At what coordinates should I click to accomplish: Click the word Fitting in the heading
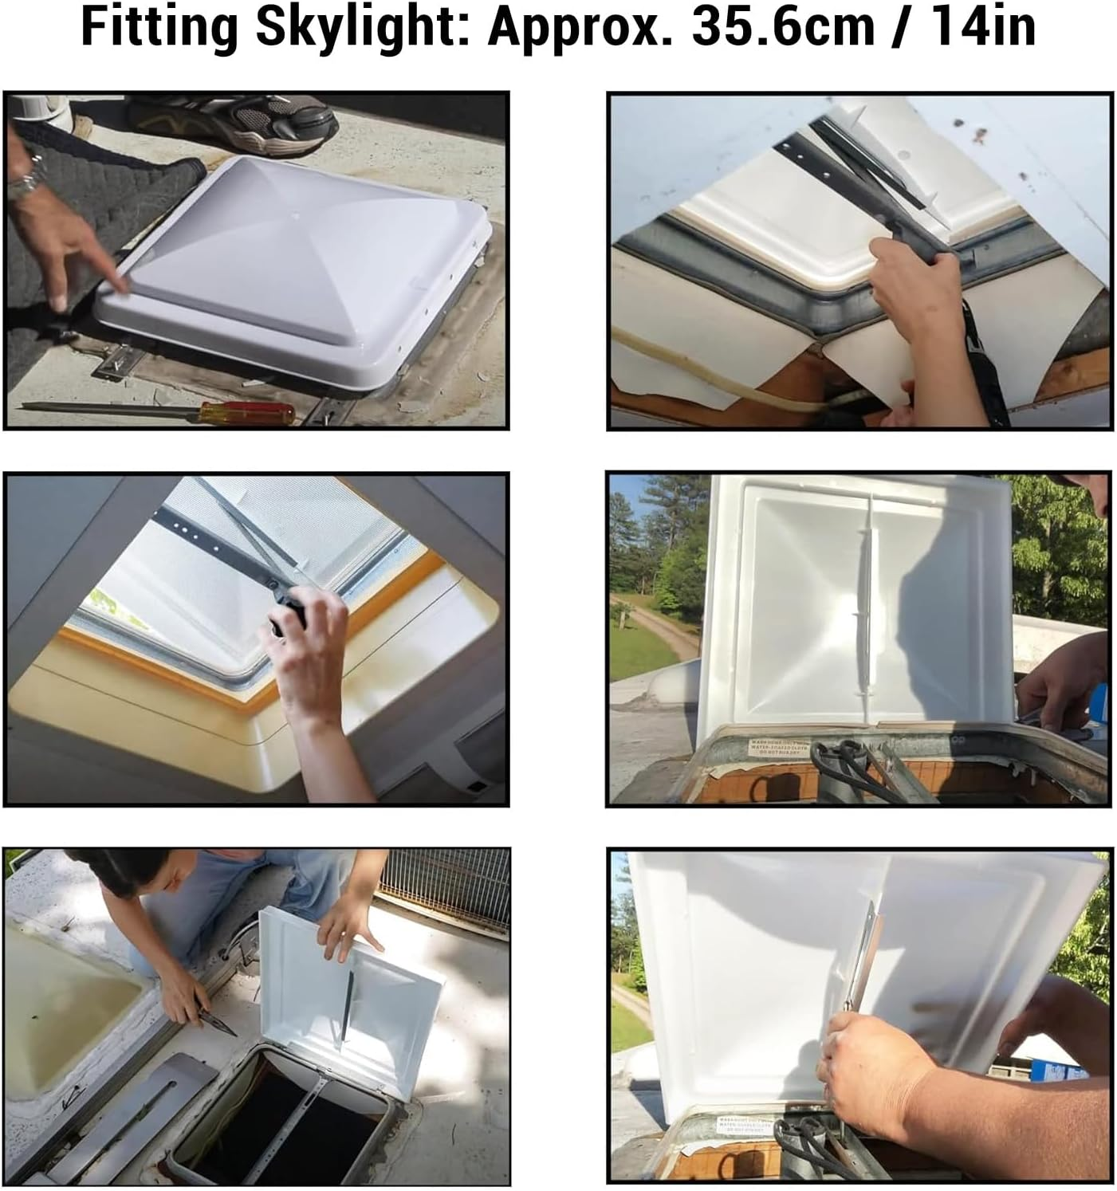[159, 28]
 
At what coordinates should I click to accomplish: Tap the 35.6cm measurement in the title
[783, 28]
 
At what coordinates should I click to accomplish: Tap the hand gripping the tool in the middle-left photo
[307, 638]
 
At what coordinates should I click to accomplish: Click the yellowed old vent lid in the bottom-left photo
[68, 1008]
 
